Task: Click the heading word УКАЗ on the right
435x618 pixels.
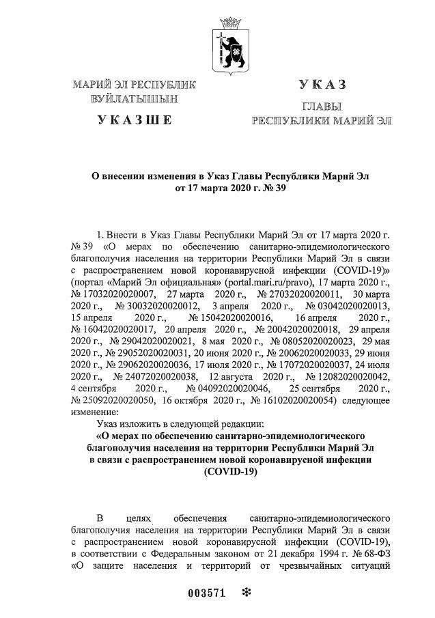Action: pos(322,85)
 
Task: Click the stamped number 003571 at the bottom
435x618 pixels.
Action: pos(206,593)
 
